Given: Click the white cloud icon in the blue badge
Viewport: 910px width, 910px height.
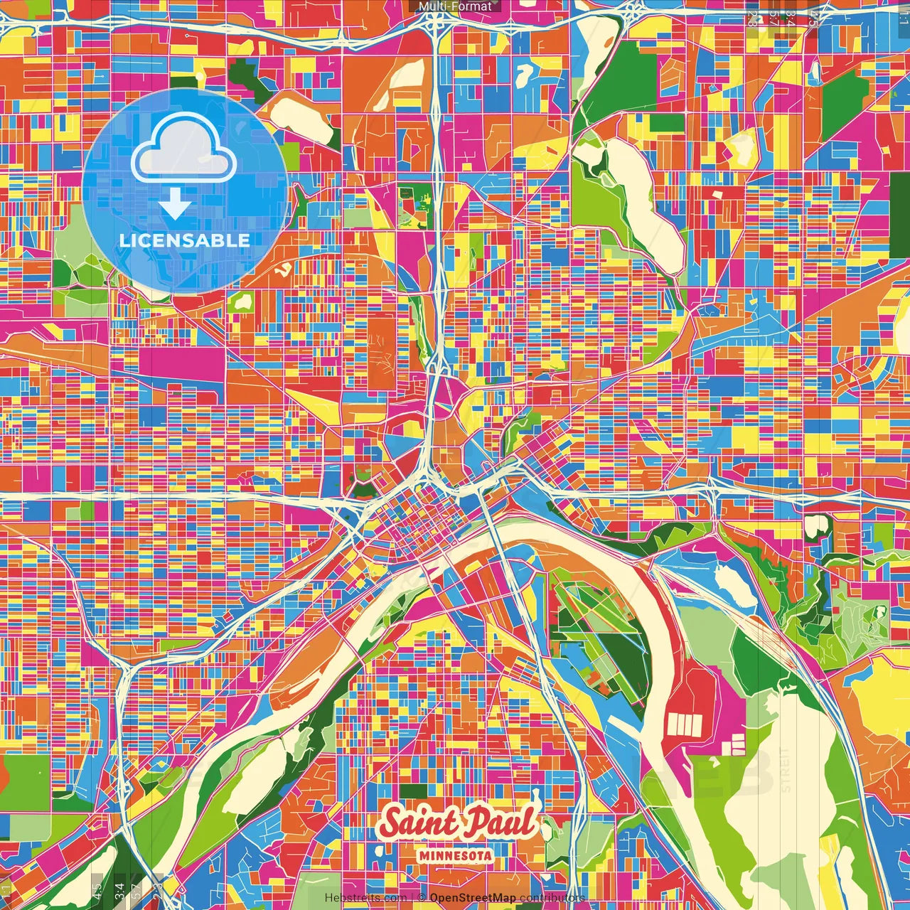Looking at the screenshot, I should [x=183, y=151].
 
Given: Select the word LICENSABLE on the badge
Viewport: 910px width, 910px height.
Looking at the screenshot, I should [x=185, y=240].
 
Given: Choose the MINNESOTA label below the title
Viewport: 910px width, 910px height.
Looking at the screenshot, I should [x=456, y=856].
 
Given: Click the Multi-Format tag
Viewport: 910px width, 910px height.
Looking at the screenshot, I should [x=455, y=6].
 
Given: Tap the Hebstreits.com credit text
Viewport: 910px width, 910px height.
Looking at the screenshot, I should [x=365, y=898].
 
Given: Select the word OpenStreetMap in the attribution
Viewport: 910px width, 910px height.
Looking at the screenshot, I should [x=473, y=898].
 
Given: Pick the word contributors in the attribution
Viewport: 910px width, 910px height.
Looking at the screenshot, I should [x=552, y=898].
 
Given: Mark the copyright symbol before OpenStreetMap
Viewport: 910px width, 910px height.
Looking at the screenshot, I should [x=422, y=898].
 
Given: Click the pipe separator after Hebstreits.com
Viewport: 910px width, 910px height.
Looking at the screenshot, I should [x=412, y=898].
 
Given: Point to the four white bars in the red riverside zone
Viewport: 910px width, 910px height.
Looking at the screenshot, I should [x=684, y=724].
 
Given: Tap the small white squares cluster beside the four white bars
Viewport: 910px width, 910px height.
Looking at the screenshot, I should [x=737, y=744].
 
